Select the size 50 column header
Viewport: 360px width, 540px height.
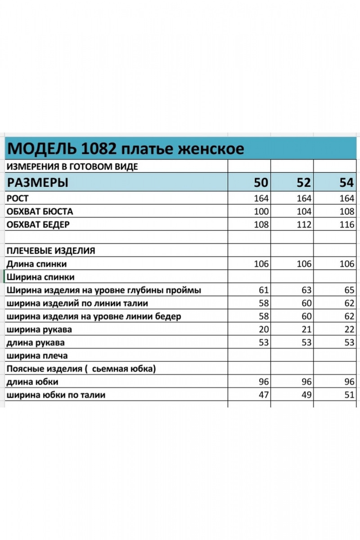[x=261, y=183]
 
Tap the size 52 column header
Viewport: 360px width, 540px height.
[x=304, y=183]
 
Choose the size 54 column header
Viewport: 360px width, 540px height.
[x=347, y=183]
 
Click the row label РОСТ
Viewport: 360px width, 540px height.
[x=18, y=198]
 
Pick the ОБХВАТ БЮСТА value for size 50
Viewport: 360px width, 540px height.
[x=261, y=211]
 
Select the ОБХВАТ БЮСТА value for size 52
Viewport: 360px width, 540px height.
[x=304, y=211]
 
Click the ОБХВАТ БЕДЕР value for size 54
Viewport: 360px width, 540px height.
[x=347, y=225]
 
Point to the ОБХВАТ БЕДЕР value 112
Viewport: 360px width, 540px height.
[x=304, y=225]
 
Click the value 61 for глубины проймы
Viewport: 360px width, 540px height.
[x=264, y=290]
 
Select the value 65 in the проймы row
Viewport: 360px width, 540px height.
[x=349, y=290]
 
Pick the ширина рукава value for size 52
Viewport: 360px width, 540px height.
[x=306, y=329]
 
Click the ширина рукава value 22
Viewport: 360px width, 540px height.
[x=349, y=329]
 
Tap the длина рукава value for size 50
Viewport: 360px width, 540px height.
[x=264, y=342]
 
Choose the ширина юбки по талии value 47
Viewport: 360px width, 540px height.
[x=264, y=395]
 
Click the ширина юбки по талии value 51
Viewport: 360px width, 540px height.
[x=349, y=395]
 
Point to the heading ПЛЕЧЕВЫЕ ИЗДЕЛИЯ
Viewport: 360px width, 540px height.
[x=50, y=251]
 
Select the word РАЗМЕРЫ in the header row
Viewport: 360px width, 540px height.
[x=39, y=183]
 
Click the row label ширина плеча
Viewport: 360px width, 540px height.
[x=37, y=356]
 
